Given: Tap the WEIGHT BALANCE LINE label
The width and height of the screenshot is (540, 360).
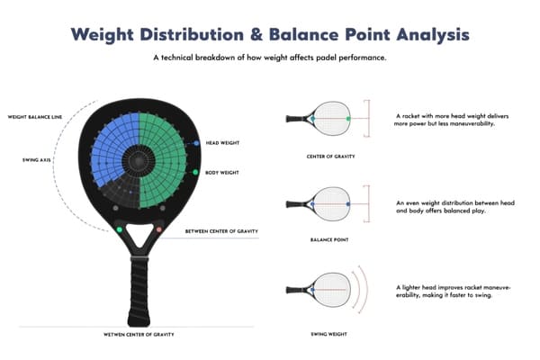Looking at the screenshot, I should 36,116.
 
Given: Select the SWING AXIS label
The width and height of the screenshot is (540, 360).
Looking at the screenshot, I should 37,160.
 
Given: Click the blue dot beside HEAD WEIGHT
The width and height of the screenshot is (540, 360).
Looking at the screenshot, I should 196,143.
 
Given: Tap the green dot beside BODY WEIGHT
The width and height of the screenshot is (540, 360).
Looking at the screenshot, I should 196,171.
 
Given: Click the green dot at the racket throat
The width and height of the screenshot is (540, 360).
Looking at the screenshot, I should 118,230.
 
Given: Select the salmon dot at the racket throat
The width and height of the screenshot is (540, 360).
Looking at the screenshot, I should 159,230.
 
